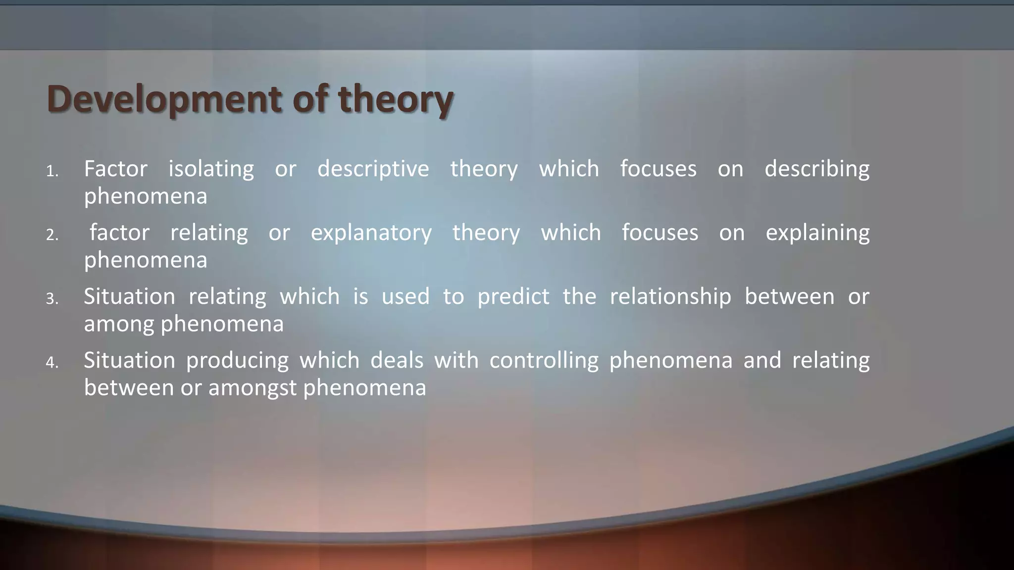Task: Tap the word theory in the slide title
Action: pyautogui.click(x=396, y=99)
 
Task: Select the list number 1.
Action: pyautogui.click(x=52, y=172)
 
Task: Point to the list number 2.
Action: pyautogui.click(x=52, y=235)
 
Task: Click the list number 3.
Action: pyautogui.click(x=52, y=299)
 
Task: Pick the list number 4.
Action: pyautogui.click(x=52, y=363)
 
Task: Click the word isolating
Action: pyautogui.click(x=211, y=169)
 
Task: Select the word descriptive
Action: pyautogui.click(x=373, y=169)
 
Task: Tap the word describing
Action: pyautogui.click(x=816, y=169)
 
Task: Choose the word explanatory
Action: pyautogui.click(x=371, y=233)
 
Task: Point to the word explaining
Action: pyautogui.click(x=817, y=233)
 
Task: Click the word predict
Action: pyautogui.click(x=513, y=296)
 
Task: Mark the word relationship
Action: pyautogui.click(x=670, y=296)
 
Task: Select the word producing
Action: pyautogui.click(x=237, y=360)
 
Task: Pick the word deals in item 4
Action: pyautogui.click(x=397, y=360)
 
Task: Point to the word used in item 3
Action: pyautogui.click(x=405, y=296)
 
